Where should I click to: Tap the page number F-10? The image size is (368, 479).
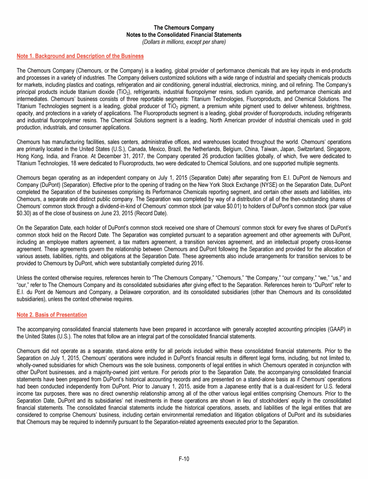(184, 459)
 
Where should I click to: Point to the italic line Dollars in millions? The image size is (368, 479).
(184, 42)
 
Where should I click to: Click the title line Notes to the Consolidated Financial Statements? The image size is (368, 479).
(184, 35)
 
